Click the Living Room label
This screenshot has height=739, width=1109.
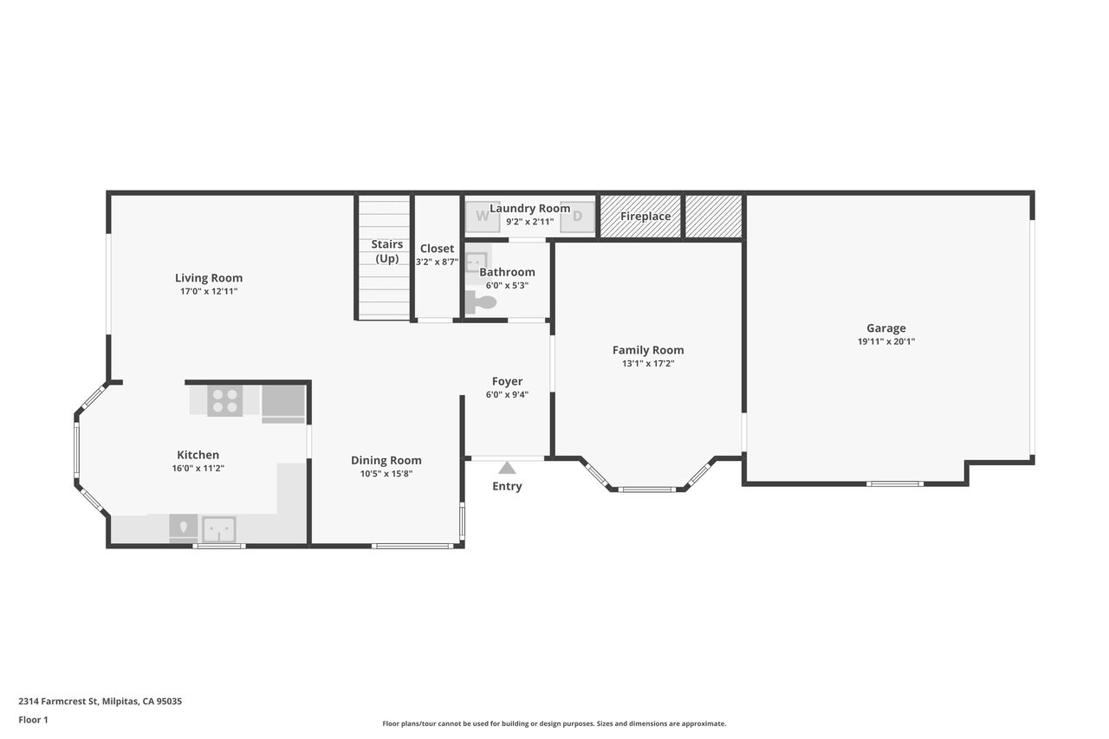coord(209,278)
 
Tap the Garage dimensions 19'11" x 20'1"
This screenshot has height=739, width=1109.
coord(885,341)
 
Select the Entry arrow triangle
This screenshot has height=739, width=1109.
coord(507,468)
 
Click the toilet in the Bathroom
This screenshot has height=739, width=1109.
coord(480,302)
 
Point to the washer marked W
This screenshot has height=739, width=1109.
coord(483,217)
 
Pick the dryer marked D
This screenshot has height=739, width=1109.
coord(577,217)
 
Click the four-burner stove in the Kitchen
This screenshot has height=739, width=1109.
coord(224,401)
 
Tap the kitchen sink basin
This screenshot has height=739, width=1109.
coord(219,529)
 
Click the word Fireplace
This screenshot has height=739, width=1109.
coord(645,217)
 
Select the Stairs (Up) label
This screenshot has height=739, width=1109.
coord(386,251)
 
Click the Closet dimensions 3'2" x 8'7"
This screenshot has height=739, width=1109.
coord(437,262)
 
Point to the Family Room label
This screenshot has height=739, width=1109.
coord(648,350)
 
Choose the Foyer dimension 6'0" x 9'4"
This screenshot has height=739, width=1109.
coord(507,394)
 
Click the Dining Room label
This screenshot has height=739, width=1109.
coord(386,460)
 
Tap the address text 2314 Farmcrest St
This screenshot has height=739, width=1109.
coord(59,702)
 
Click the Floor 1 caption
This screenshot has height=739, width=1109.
coord(33,720)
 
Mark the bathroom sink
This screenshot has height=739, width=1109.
coord(477,262)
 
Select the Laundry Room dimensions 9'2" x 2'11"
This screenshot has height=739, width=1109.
coord(529,222)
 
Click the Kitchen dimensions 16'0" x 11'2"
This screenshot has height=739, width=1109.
coord(198,468)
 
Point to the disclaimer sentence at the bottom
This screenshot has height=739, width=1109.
coord(554,723)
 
